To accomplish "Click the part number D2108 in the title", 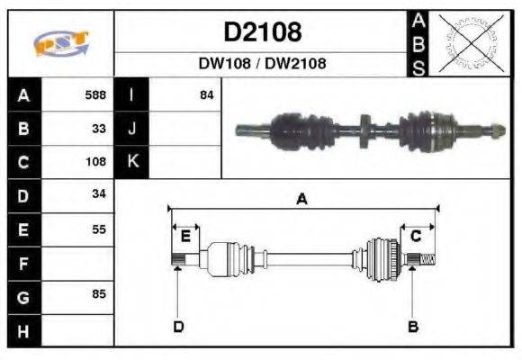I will pyautogui.click(x=262, y=32).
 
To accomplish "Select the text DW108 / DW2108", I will pyautogui.click(x=262, y=64).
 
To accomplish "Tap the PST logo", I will pyautogui.click(x=61, y=42).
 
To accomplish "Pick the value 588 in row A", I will pyautogui.click(x=94, y=94).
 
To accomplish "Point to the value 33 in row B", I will pyautogui.click(x=99, y=128).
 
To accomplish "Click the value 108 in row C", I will pyautogui.click(x=94, y=162).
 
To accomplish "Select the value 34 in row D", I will pyautogui.click(x=99, y=195).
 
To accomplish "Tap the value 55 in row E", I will pyautogui.click(x=99, y=229).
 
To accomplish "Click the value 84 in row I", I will pyautogui.click(x=206, y=94).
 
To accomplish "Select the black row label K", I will pyautogui.click(x=131, y=162).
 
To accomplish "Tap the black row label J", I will pyautogui.click(x=131, y=128).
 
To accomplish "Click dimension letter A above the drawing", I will pyautogui.click(x=302, y=200).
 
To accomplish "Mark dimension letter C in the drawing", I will pyautogui.click(x=416, y=236).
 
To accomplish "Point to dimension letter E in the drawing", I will pyautogui.click(x=185, y=236).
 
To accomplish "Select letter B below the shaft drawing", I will pyautogui.click(x=413, y=326).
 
